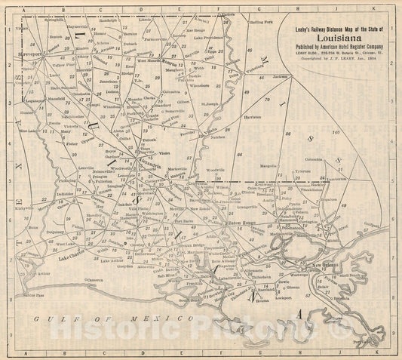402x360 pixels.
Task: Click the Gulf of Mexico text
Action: (106, 321)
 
